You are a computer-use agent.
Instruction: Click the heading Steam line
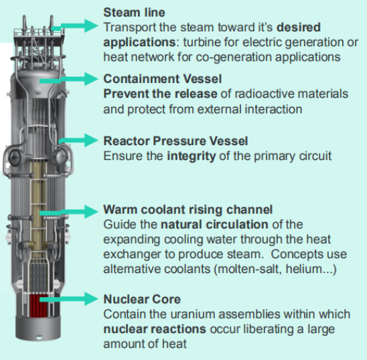134,12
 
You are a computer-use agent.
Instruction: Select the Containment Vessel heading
163,78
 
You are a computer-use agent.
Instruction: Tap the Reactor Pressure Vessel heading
175,141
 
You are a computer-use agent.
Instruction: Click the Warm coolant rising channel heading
188,209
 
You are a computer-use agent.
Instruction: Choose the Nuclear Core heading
142,299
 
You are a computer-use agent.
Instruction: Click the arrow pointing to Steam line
74,25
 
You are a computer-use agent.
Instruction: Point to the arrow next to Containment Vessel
69,79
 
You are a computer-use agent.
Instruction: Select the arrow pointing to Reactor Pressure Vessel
78,141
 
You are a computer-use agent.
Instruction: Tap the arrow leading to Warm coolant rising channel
69,211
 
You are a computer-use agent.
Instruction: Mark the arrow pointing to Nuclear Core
69,298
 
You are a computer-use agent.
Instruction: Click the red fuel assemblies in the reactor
38,306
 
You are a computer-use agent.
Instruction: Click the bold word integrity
192,157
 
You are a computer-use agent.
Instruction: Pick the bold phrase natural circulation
214,224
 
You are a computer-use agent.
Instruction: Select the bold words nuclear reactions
155,329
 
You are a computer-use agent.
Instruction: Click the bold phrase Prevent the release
160,94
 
